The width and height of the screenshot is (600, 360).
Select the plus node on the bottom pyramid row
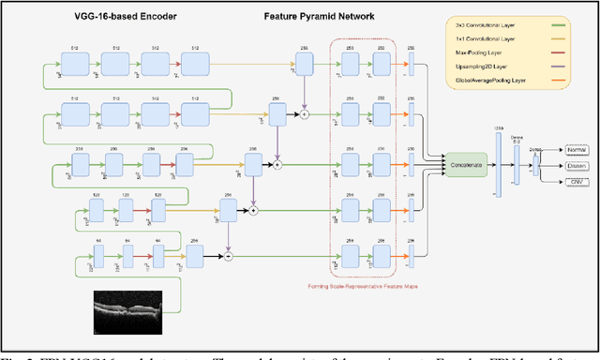pyautogui.click(x=227, y=255)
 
